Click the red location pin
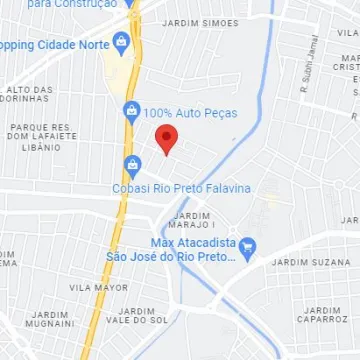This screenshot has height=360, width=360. [x=167, y=140]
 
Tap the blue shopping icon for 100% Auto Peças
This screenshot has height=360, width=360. [x=130, y=111]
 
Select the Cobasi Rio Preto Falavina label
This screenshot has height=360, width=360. [x=181, y=189]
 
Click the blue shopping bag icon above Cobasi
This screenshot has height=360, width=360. [x=131, y=165]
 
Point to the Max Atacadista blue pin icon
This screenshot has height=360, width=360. [x=249, y=245]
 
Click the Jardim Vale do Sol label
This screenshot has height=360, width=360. [x=136, y=315]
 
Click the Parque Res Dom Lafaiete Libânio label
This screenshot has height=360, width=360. [x=40, y=137]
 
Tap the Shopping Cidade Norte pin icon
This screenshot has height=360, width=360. [x=121, y=45]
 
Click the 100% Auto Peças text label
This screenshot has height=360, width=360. [x=191, y=113]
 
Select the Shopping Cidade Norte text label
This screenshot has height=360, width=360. [x=54, y=46]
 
